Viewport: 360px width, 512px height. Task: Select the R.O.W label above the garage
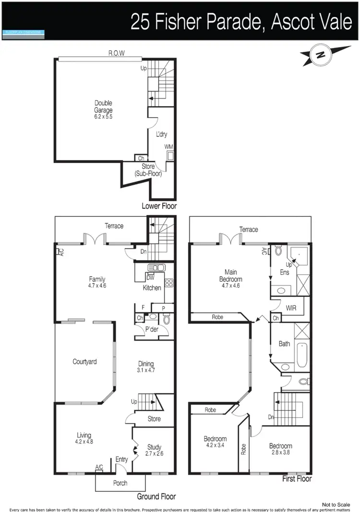point(116,54)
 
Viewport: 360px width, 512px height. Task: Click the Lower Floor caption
point(159,206)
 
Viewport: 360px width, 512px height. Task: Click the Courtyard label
point(84,362)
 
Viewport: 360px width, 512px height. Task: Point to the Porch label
point(120,483)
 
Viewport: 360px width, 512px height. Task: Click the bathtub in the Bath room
point(302,356)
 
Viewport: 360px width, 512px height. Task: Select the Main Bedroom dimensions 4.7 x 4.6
point(231,285)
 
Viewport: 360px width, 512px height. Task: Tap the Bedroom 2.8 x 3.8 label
point(281,449)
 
